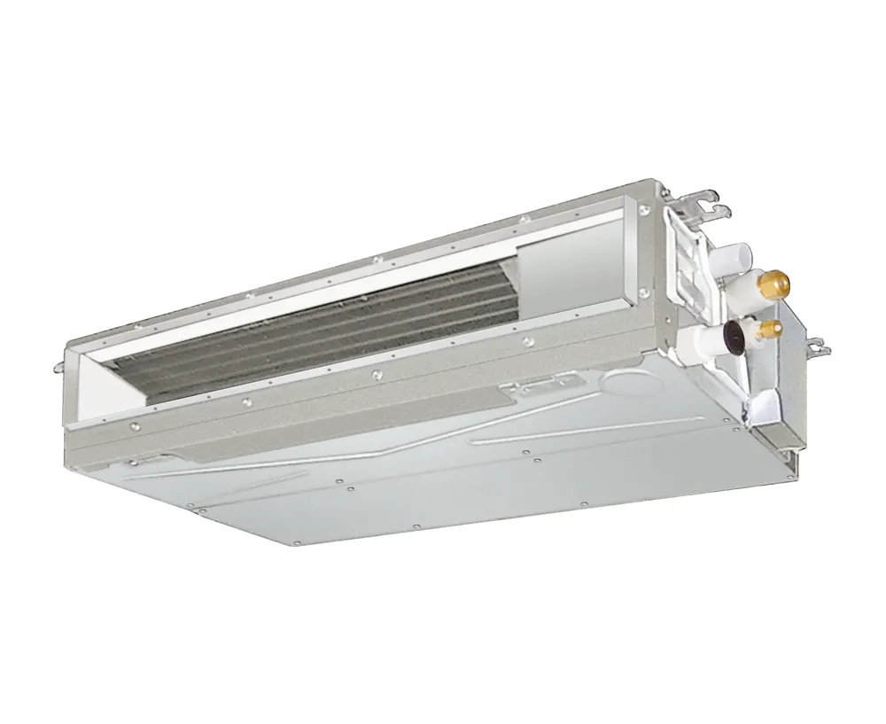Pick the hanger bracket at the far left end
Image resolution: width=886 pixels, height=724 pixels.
point(59,364)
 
